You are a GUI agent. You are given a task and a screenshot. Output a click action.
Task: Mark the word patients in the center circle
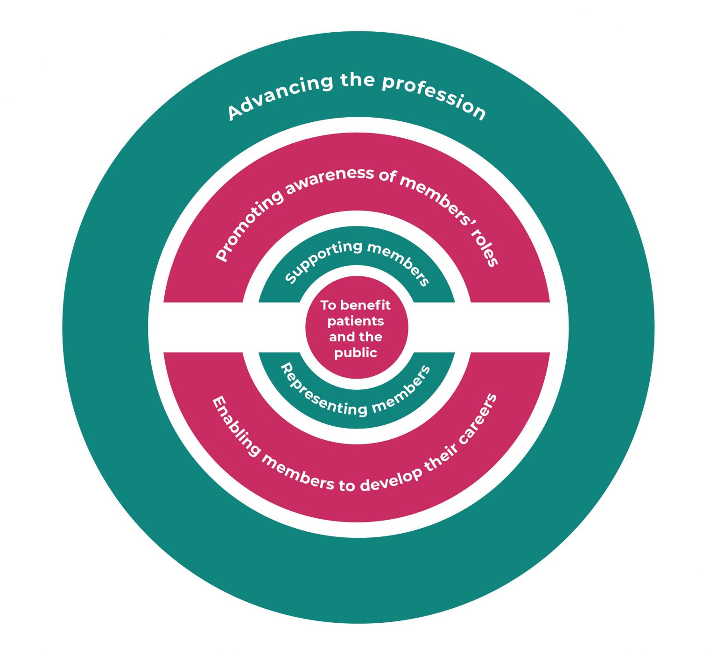pos(356,321)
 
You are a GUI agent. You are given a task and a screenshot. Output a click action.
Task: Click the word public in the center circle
pos(356,353)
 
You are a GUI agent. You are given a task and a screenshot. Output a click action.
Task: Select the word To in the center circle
pos(328,305)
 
